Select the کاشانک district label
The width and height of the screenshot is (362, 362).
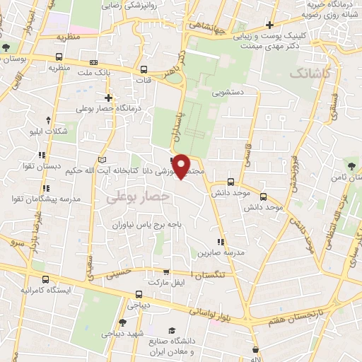[308, 73]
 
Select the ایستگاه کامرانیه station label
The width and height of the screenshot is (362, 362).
[49, 291]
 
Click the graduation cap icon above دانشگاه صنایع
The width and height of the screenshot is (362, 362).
[172, 331]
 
